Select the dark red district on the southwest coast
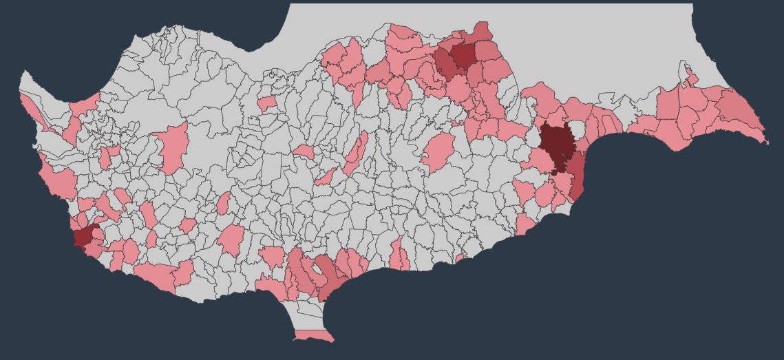84,236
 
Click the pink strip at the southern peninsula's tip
313,336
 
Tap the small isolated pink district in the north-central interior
267,104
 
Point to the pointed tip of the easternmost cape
767,142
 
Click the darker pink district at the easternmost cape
740,110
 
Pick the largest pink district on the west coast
60,180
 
